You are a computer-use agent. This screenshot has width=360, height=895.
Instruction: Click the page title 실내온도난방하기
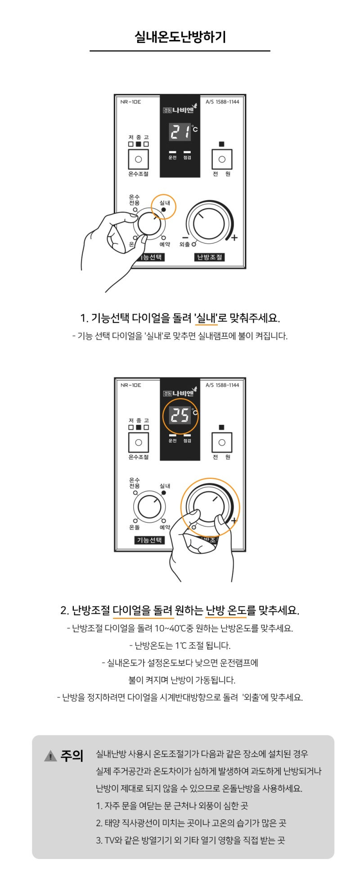point(180,37)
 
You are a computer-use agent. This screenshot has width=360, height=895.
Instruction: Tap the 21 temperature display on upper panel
point(180,132)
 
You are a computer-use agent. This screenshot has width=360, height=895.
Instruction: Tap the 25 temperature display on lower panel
point(180,415)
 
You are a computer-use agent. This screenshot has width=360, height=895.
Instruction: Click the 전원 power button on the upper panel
point(222,159)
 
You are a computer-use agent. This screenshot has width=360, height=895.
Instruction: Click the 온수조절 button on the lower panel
point(139,442)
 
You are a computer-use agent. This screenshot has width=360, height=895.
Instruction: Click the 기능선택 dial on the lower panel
point(149,507)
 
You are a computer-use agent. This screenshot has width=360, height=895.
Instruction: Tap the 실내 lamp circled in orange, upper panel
point(163,209)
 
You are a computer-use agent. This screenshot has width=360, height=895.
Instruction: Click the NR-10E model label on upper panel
point(130,102)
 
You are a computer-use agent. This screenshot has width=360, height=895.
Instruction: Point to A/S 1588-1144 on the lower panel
point(222,385)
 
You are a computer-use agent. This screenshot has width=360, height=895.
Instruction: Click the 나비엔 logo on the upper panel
point(180,109)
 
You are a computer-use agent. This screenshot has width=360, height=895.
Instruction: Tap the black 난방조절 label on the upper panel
point(209,257)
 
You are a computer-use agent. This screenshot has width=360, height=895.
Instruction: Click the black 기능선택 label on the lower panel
point(149,540)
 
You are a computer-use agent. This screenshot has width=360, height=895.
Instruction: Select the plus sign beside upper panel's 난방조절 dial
point(234,238)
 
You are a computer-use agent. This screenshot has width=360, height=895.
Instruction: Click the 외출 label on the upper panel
point(184,244)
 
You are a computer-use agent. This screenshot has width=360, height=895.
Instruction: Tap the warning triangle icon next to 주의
point(50,756)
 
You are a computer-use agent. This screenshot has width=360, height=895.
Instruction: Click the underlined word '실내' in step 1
point(207,318)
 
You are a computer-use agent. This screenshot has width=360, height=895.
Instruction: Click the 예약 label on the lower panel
point(165,527)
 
